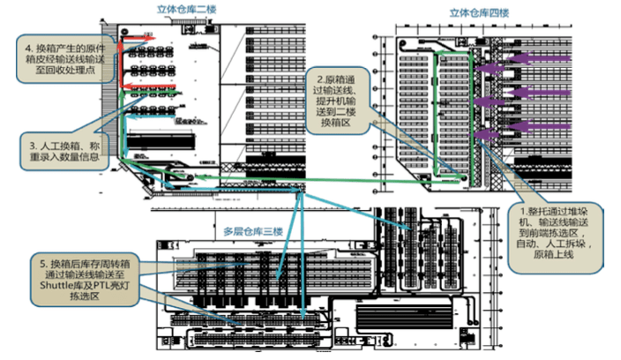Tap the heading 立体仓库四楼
pos(480,13)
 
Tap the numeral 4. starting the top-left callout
pos(29,46)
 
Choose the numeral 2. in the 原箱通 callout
pos(318,79)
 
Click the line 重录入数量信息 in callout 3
pos(64,155)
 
